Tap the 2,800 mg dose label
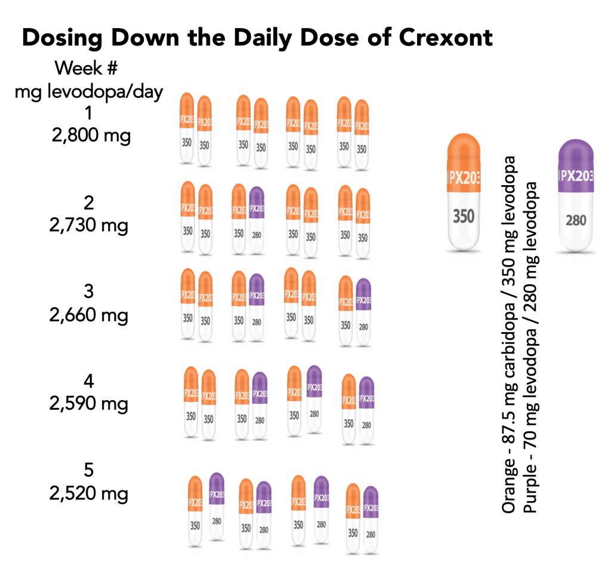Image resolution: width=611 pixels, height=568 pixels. tap(89, 136)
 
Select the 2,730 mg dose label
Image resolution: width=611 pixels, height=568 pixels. tap(89, 226)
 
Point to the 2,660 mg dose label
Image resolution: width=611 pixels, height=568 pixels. tap(89, 315)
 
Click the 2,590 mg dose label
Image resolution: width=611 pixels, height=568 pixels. tap(89, 403)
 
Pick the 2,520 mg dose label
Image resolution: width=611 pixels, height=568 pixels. tap(89, 493)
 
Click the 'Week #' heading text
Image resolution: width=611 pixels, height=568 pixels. tap(89, 68)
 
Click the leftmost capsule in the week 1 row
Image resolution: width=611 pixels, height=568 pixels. tap(187, 128)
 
